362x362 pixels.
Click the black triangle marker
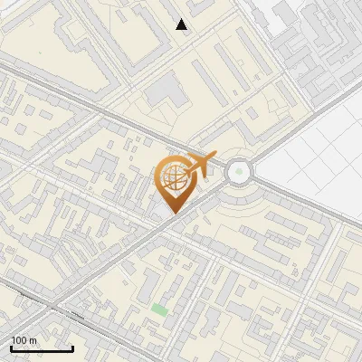coord(182,24)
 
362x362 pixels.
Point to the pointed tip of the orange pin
coord(172,213)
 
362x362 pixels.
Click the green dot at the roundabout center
coord(238,169)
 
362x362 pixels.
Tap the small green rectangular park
coord(159,310)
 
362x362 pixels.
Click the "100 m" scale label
coord(24,340)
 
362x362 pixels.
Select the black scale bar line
coord(42,348)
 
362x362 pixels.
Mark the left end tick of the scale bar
coord(11,347)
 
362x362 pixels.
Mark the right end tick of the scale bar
coord(73,347)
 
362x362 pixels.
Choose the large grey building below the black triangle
coord(164,90)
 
